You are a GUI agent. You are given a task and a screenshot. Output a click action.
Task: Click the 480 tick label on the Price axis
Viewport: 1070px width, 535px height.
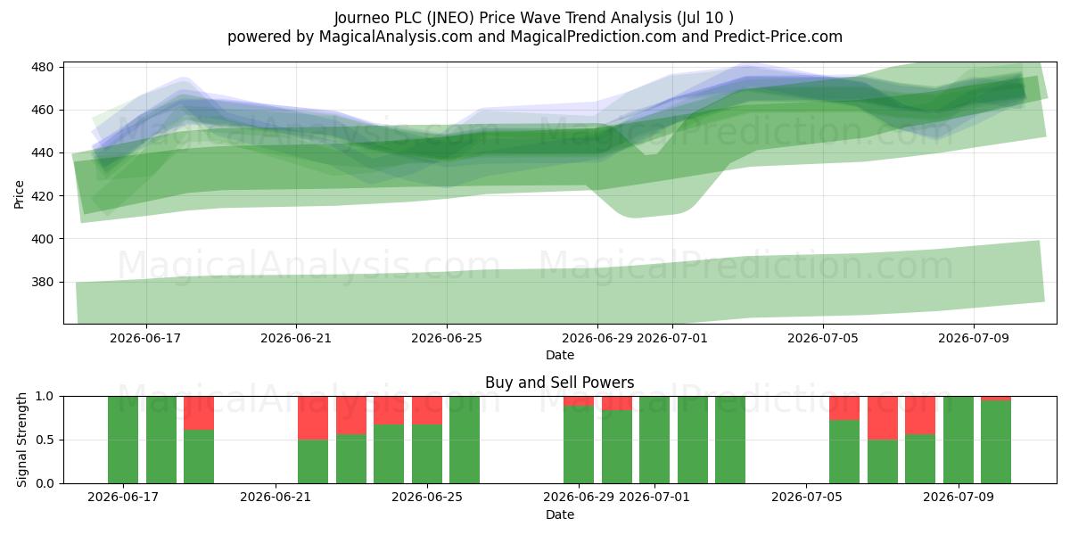pyautogui.click(x=42, y=67)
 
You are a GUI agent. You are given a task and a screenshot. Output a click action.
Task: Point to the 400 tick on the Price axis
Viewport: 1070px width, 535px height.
pyautogui.click(x=42, y=239)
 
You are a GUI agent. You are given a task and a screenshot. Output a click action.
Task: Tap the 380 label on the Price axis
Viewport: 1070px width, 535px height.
pyautogui.click(x=42, y=282)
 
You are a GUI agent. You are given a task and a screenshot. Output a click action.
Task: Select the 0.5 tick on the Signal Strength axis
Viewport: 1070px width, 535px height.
pyautogui.click(x=45, y=440)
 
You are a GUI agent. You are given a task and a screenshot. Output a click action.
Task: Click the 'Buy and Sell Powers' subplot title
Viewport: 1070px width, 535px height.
pyautogui.click(x=560, y=383)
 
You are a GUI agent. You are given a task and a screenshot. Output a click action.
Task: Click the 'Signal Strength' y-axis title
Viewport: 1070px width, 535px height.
pyautogui.click(x=21, y=440)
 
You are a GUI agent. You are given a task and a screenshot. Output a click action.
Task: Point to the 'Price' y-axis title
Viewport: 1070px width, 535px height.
pyautogui.click(x=19, y=194)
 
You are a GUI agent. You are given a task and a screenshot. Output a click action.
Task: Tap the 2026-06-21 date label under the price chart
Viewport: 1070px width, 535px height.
pyautogui.click(x=296, y=338)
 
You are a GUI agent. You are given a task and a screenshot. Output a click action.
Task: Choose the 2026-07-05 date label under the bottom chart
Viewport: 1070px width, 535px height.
pyautogui.click(x=807, y=497)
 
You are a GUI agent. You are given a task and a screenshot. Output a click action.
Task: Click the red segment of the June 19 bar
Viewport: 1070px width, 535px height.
pyautogui.click(x=199, y=413)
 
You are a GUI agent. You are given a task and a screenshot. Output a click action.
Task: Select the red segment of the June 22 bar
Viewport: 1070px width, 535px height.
pyautogui.click(x=313, y=418)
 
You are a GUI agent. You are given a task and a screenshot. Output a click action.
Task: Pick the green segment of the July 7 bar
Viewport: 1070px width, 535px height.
pyautogui.click(x=883, y=462)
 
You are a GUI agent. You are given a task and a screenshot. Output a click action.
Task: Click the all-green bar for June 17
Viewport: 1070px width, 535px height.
pyautogui.click(x=123, y=440)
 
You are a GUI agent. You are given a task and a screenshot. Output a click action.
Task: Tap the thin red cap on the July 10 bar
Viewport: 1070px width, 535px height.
pyautogui.click(x=996, y=399)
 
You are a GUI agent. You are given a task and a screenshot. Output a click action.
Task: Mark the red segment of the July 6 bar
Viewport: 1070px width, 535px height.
pyautogui.click(x=844, y=408)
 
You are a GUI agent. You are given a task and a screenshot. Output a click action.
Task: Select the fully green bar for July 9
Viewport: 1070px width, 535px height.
pyautogui.click(x=959, y=440)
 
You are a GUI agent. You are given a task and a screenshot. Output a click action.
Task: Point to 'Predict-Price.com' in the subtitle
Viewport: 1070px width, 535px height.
pyautogui.click(x=778, y=37)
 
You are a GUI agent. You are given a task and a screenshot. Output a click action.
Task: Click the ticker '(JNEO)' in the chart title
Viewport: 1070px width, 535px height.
pyautogui.click(x=450, y=18)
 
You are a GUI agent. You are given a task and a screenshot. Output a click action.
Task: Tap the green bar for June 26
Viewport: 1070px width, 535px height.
pyautogui.click(x=465, y=440)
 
